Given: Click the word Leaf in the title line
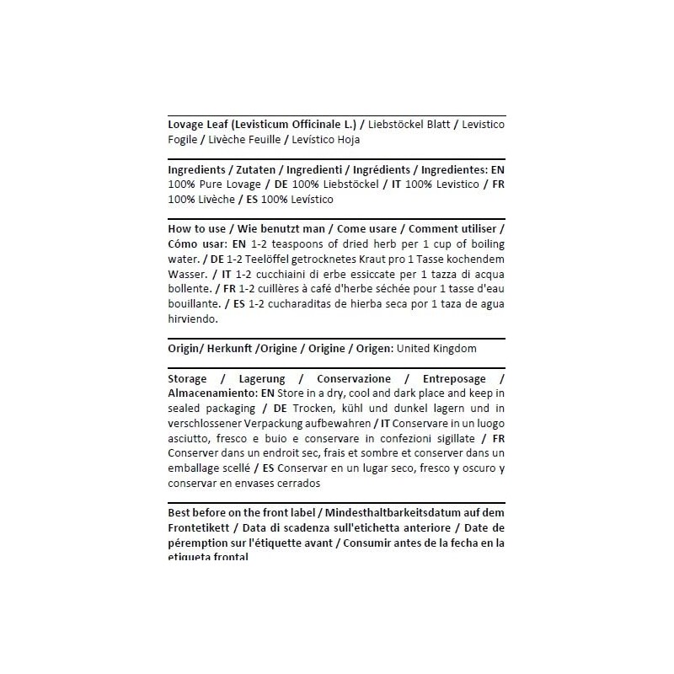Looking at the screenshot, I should [x=220, y=124].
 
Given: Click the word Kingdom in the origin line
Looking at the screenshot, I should [x=455, y=348].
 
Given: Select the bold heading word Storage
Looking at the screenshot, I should [x=188, y=378].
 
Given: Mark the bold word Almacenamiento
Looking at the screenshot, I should [x=211, y=393].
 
